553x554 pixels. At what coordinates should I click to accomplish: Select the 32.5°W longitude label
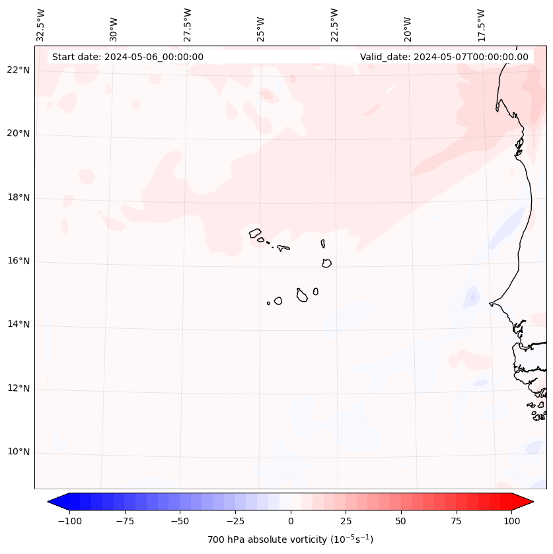tap(41, 24)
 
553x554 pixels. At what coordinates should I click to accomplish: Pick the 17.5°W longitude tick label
tap(481, 24)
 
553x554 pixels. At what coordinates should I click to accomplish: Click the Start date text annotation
tap(128, 57)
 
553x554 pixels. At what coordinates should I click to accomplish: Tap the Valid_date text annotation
tap(444, 57)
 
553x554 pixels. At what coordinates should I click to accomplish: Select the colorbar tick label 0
tap(291, 521)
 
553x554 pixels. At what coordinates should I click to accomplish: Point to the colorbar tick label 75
tap(456, 521)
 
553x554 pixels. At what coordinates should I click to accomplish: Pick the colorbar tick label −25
tap(235, 521)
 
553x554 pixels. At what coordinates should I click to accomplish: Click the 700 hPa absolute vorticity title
tap(291, 539)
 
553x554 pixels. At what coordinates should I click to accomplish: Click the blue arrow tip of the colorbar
tap(54, 502)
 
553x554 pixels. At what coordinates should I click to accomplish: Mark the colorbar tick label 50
tap(401, 521)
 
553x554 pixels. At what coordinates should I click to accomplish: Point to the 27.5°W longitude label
tap(188, 24)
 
